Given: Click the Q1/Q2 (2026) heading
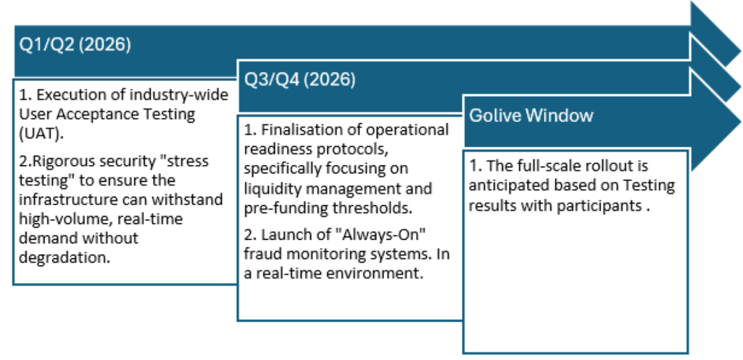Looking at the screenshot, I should (x=75, y=45).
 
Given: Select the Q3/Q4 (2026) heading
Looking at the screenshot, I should (x=300, y=80).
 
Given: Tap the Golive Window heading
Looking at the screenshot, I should (x=531, y=115).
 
